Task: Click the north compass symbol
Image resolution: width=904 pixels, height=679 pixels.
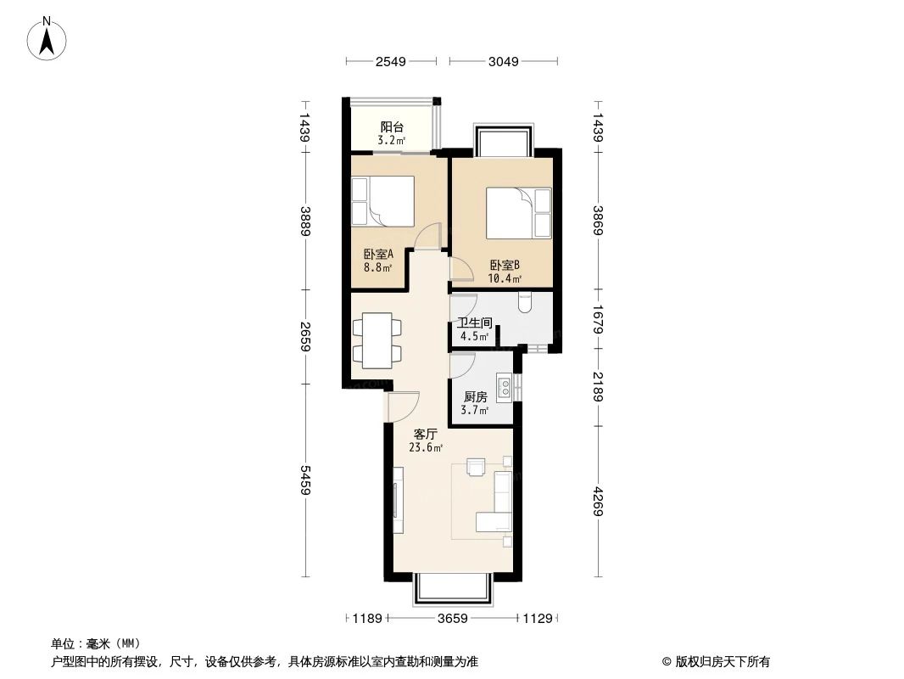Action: click(48, 38)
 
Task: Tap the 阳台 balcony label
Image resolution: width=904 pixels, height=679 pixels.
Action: click(391, 126)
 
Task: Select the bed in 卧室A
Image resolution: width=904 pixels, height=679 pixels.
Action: click(382, 201)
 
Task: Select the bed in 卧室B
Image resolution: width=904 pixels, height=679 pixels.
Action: click(518, 213)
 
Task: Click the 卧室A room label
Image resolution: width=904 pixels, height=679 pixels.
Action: click(377, 254)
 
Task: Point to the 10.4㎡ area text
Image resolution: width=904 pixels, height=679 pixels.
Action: click(504, 278)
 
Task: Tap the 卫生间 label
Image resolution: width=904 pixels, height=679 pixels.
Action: click(474, 323)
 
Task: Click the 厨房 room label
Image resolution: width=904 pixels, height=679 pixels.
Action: click(475, 396)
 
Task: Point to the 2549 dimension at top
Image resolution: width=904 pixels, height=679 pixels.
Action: click(391, 61)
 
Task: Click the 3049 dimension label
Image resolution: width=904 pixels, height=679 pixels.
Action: click(503, 61)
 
